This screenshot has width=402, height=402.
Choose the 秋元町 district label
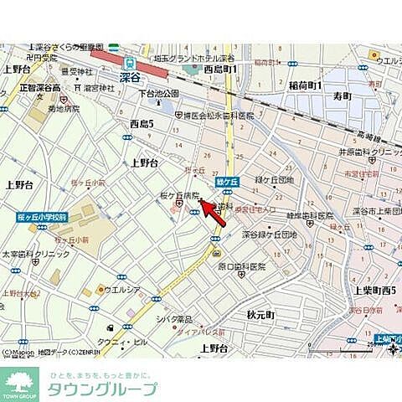pos(261,315)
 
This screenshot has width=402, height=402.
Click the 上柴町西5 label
pos(373,291)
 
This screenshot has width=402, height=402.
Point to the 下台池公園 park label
pos(159,93)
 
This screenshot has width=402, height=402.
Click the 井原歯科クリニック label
pos(369,152)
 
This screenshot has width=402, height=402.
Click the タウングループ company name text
pos(101,389)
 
